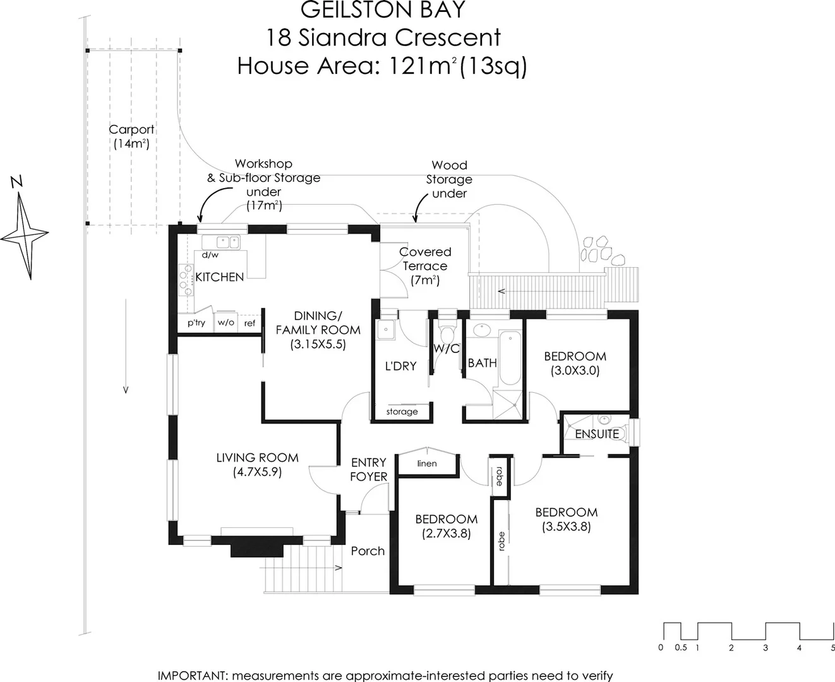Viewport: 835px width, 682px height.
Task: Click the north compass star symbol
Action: [x=25, y=235]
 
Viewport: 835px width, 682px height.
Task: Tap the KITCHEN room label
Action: [x=219, y=277]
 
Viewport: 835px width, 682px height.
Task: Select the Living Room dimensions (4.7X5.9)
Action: [x=256, y=472]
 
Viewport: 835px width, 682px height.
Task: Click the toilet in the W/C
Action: [x=447, y=332]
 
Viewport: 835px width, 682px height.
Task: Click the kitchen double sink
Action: [x=227, y=241]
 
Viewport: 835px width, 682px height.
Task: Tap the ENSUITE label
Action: [x=596, y=434]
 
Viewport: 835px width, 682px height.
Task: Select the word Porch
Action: [x=368, y=551]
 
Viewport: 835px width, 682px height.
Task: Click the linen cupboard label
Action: [x=427, y=464]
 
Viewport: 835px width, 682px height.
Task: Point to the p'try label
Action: [x=196, y=323]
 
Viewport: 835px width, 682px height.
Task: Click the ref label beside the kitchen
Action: [x=249, y=323]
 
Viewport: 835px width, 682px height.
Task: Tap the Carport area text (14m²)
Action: [x=131, y=143]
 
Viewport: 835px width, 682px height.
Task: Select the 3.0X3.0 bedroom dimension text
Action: [x=575, y=371]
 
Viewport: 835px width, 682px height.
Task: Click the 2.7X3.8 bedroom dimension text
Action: [x=446, y=534]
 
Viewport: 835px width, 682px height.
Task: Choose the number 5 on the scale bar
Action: [x=832, y=647]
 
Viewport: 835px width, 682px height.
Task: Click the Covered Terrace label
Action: [x=425, y=259]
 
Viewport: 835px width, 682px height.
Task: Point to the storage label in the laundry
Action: [x=402, y=412]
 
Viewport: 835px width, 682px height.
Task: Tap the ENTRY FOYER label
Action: [x=368, y=470]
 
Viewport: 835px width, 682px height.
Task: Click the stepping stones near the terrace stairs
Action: [x=601, y=251]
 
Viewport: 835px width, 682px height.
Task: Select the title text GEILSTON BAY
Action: [x=382, y=10]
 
